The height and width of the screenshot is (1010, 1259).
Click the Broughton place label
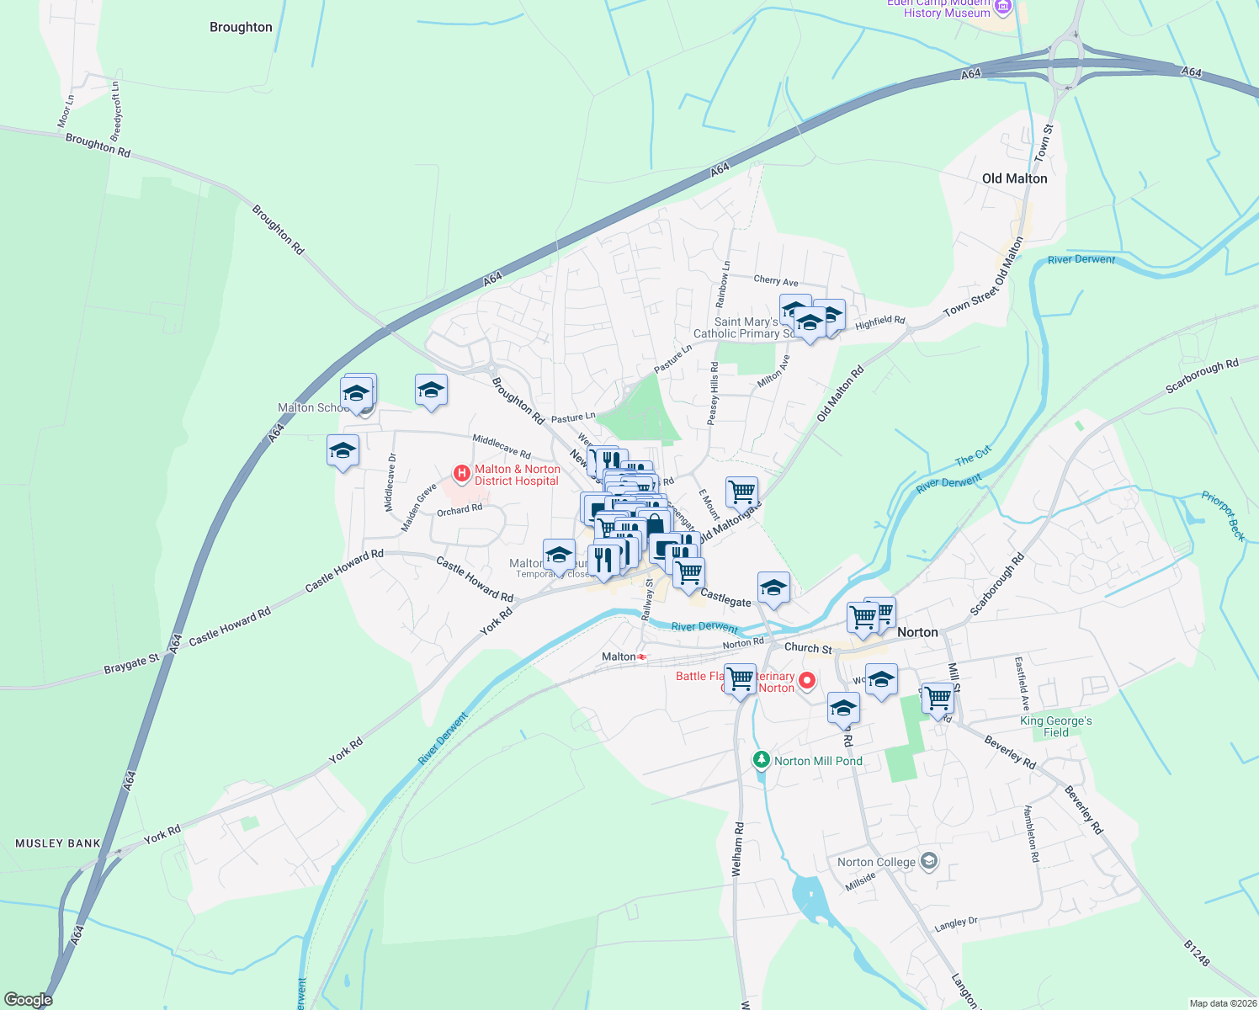click(x=241, y=27)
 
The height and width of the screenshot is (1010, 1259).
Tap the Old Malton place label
click(x=1014, y=178)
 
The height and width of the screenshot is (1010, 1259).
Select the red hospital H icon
click(x=461, y=474)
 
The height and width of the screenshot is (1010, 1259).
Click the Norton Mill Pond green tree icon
click(x=762, y=760)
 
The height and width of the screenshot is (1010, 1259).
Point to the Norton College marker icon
click(x=929, y=861)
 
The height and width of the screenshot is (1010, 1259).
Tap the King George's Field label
click(x=1055, y=726)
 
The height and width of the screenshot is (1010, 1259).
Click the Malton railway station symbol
click(x=642, y=656)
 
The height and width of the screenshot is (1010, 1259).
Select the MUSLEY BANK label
click(x=58, y=843)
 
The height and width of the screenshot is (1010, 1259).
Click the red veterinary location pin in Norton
click(x=807, y=680)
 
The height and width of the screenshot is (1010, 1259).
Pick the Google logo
click(x=29, y=1000)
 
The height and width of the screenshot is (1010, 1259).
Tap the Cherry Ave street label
click(x=776, y=281)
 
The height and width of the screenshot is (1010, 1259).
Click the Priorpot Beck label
click(x=1223, y=515)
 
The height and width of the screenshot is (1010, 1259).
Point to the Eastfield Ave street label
click(x=1022, y=683)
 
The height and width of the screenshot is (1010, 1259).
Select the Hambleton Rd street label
click(x=1032, y=833)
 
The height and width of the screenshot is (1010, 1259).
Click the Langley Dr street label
click(x=956, y=923)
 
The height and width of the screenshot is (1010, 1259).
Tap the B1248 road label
click(x=1196, y=953)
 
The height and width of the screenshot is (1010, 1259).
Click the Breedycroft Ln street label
click(x=116, y=111)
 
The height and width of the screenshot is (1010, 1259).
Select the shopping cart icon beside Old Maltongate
click(x=741, y=492)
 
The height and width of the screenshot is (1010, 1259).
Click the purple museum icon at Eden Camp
click(x=1002, y=8)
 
